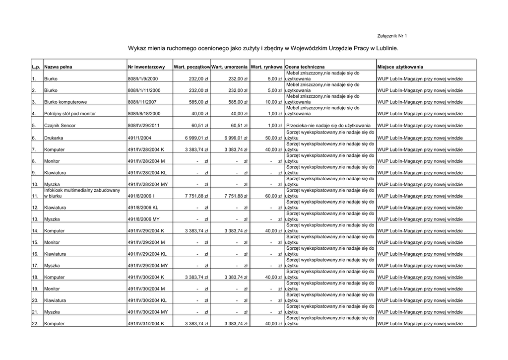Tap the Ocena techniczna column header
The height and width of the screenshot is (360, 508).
point(305,67)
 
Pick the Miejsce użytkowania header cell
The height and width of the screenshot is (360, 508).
point(403,67)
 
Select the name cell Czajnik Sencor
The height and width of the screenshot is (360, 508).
point(60,126)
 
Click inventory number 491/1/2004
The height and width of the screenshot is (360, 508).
point(140,138)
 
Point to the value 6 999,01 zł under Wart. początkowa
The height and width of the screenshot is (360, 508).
point(196,138)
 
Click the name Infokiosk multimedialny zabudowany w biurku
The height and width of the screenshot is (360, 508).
point(82,193)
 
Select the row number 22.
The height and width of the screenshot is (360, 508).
point(35,324)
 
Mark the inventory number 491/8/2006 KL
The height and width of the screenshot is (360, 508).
point(143,208)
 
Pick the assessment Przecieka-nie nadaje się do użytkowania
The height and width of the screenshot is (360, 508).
point(330,126)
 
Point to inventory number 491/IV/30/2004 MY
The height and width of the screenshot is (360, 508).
point(148,312)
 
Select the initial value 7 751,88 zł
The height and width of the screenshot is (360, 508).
point(196,196)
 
